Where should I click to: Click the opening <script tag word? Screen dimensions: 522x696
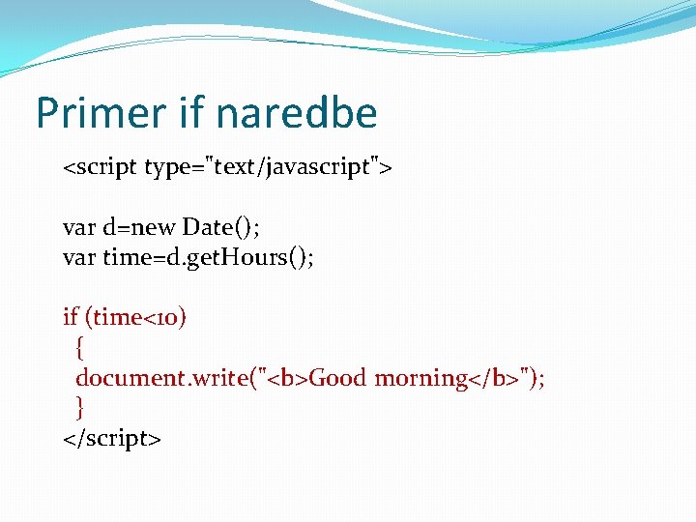101,168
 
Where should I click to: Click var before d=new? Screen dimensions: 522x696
78,227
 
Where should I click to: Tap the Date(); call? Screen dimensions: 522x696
221,227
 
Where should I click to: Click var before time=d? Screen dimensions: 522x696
78,257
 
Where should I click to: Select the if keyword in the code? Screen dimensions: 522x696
70,317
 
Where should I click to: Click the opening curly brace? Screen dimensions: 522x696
80,347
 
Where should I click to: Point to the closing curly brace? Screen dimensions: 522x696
80,407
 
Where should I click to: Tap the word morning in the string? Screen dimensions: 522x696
421,378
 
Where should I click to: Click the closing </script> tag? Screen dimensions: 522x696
111,438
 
